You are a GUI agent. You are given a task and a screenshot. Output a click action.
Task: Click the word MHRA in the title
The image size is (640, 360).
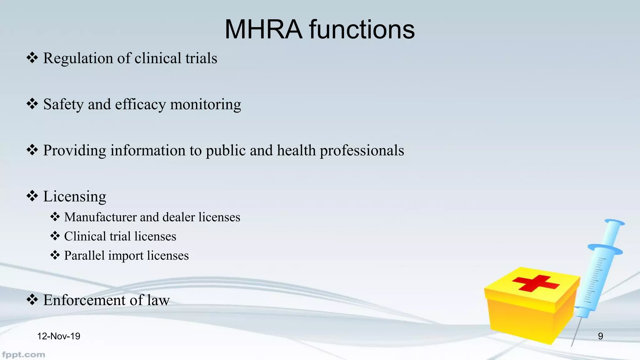click(263, 29)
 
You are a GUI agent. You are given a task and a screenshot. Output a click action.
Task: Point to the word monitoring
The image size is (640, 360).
click(205, 104)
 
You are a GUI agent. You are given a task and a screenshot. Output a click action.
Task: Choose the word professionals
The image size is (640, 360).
click(362, 151)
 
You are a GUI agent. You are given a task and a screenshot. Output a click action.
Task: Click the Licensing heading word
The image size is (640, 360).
click(74, 197)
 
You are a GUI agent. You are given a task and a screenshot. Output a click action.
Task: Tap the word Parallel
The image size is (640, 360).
click(84, 256)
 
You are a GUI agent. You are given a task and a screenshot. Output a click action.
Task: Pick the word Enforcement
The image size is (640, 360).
click(84, 300)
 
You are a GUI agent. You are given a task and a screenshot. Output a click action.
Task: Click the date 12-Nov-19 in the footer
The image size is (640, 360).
click(59, 336)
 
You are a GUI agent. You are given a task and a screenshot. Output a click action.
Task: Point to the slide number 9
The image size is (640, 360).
click(600, 336)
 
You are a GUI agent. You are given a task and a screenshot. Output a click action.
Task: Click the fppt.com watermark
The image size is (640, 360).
click(23, 355)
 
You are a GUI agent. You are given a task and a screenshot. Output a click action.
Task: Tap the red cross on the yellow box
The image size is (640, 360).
click(536, 283)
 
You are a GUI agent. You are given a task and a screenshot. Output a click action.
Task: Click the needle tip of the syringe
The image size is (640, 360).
click(572, 345)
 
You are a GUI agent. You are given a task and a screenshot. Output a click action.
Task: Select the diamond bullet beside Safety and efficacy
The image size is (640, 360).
click(32, 104)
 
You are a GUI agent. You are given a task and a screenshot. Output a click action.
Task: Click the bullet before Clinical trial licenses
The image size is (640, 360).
click(55, 236)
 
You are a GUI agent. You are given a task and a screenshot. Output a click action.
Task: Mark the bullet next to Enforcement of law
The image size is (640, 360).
click(32, 300)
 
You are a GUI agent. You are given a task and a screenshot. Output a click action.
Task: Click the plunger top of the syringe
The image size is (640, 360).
click(615, 222)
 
